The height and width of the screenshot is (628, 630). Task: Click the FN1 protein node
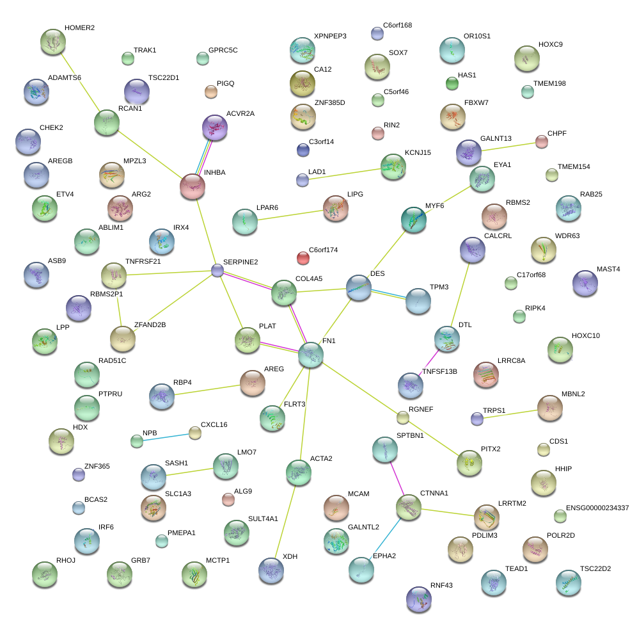pos(311,354)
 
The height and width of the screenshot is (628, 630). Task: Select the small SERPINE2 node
pos(217,271)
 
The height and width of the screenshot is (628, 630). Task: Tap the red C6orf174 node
pos(303,258)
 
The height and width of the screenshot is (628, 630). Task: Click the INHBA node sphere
pos(193,186)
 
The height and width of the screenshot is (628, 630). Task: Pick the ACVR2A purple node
pos(215,127)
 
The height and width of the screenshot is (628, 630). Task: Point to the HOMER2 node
pos(52,42)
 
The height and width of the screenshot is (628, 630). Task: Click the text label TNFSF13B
pos(441,371)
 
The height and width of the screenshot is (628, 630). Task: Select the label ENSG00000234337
pos(593,508)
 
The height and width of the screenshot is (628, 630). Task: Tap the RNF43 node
pos(419,599)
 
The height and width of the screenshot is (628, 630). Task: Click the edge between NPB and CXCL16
pos(166,437)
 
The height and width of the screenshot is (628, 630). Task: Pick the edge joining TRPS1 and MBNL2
pos(512,413)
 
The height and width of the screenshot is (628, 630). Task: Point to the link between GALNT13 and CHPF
pos(508,147)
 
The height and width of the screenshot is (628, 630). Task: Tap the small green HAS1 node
pos(452,83)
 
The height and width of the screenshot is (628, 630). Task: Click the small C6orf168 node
pos(377,33)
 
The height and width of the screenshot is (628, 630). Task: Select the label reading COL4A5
pos(308,279)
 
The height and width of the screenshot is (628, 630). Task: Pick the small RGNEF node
pos(403,418)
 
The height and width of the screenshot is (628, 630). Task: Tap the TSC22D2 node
pos(569,582)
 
